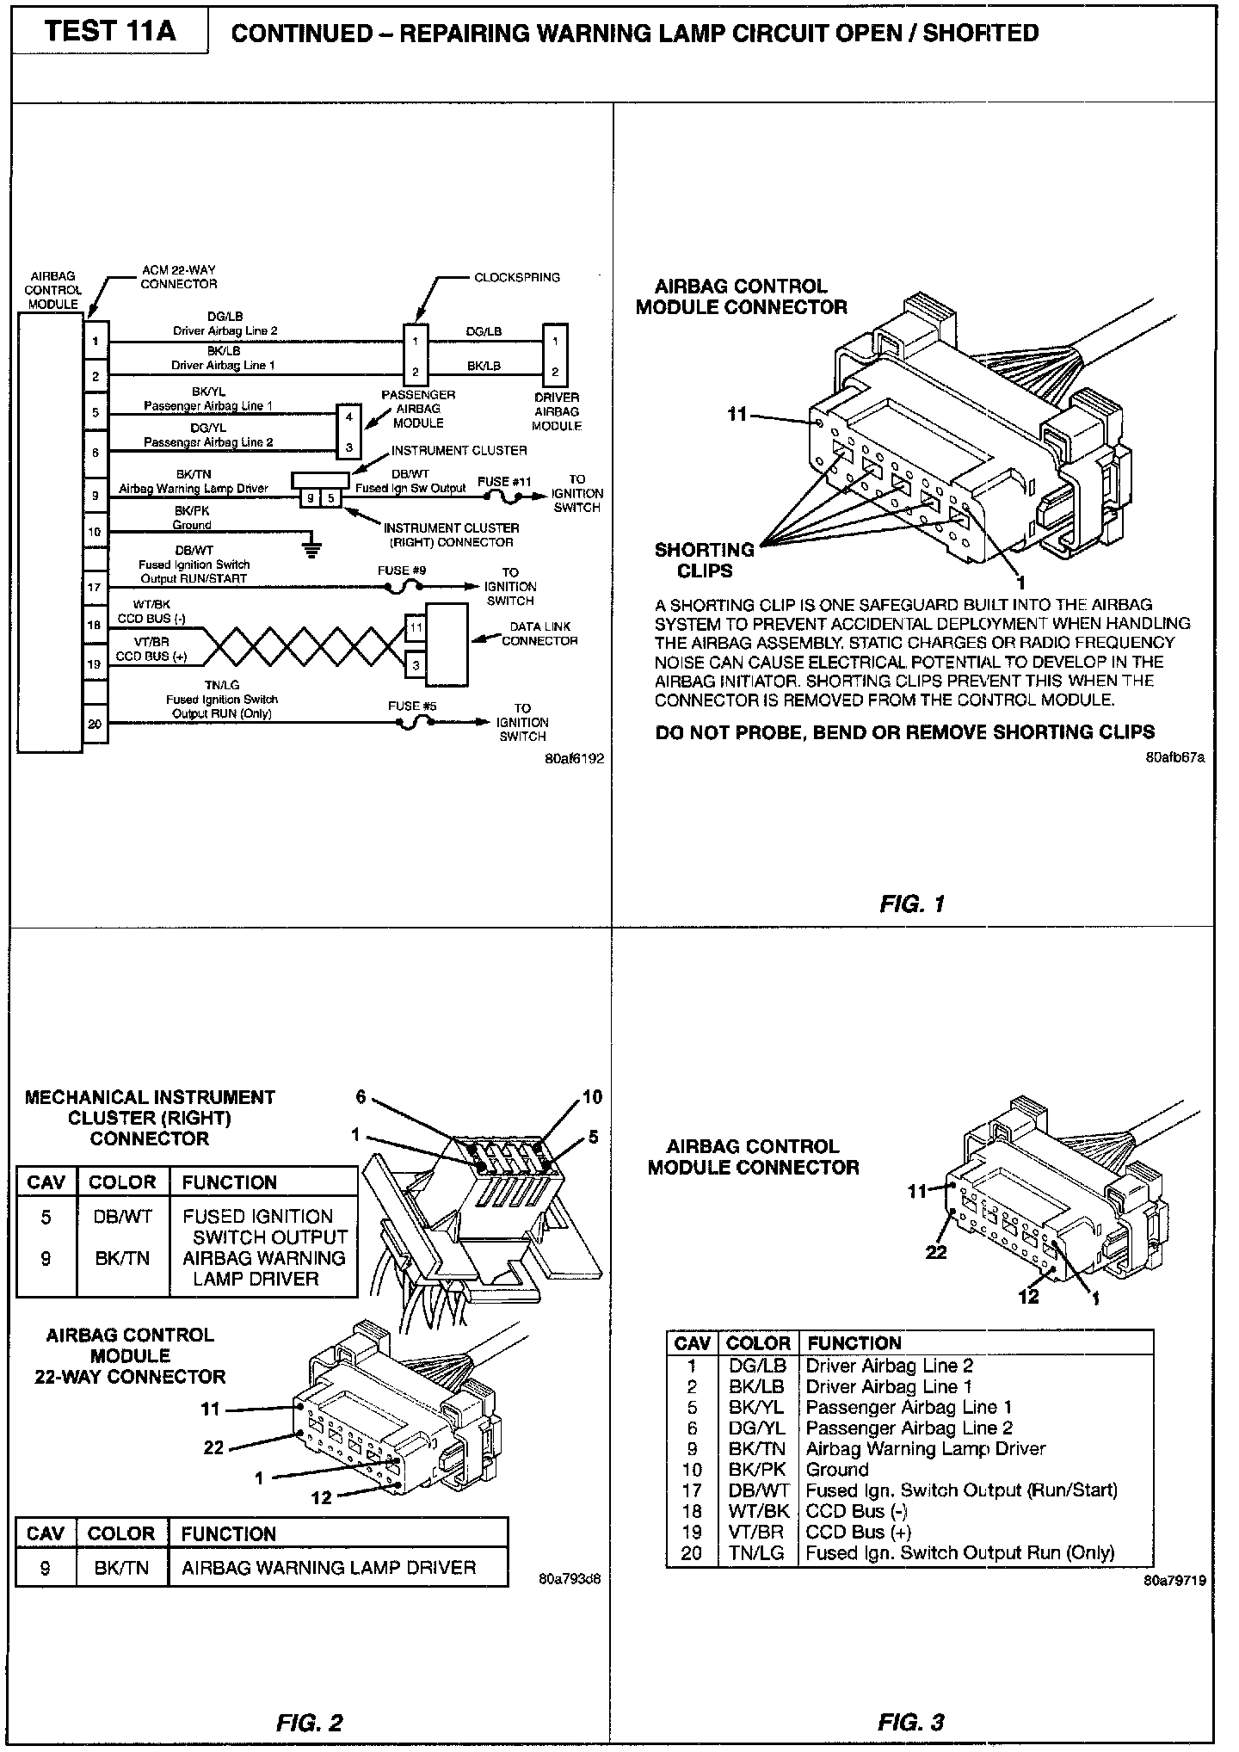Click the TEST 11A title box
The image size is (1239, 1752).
[x=109, y=32]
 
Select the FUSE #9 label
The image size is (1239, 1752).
[x=401, y=570]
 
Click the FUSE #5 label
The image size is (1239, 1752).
[x=412, y=706]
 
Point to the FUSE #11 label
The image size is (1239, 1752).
[x=504, y=481]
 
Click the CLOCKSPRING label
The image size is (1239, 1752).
[x=517, y=277]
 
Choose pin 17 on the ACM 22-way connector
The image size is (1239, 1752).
[x=95, y=587]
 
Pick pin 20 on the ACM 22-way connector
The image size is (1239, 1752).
[x=95, y=724]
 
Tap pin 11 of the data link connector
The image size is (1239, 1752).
[x=416, y=627]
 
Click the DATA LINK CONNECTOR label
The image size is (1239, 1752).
[x=539, y=633]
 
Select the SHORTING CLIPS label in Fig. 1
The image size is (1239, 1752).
[x=705, y=559]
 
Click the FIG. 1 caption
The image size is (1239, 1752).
[x=912, y=904]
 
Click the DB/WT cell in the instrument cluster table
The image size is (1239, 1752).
[x=122, y=1217]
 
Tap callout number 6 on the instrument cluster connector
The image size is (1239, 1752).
[x=361, y=1096]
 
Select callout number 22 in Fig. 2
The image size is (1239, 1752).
[x=213, y=1447]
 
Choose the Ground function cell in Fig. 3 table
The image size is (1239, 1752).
[x=836, y=1469]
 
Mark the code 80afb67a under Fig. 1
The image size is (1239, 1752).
[x=1174, y=757]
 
